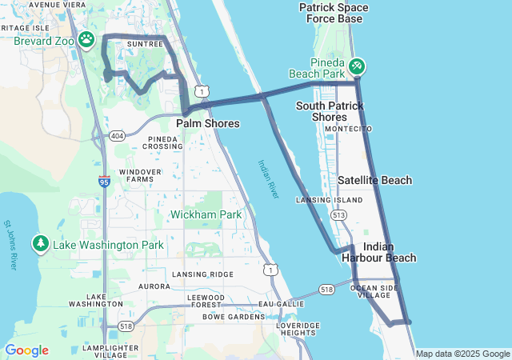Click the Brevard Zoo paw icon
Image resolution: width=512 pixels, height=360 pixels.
86,38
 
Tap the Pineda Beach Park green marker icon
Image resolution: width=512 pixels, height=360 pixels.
357,64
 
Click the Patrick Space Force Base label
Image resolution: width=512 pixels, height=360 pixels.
334,13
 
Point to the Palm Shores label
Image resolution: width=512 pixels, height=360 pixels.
207,124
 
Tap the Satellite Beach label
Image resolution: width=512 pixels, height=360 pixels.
374,181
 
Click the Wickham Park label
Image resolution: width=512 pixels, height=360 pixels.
206,214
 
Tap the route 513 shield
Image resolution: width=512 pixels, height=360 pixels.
339,214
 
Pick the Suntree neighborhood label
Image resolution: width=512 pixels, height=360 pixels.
145,44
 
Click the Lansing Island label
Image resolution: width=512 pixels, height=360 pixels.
318,200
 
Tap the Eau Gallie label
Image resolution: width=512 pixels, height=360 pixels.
277,304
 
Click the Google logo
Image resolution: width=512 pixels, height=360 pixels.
26,350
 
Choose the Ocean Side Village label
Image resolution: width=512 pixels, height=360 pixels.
374,291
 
